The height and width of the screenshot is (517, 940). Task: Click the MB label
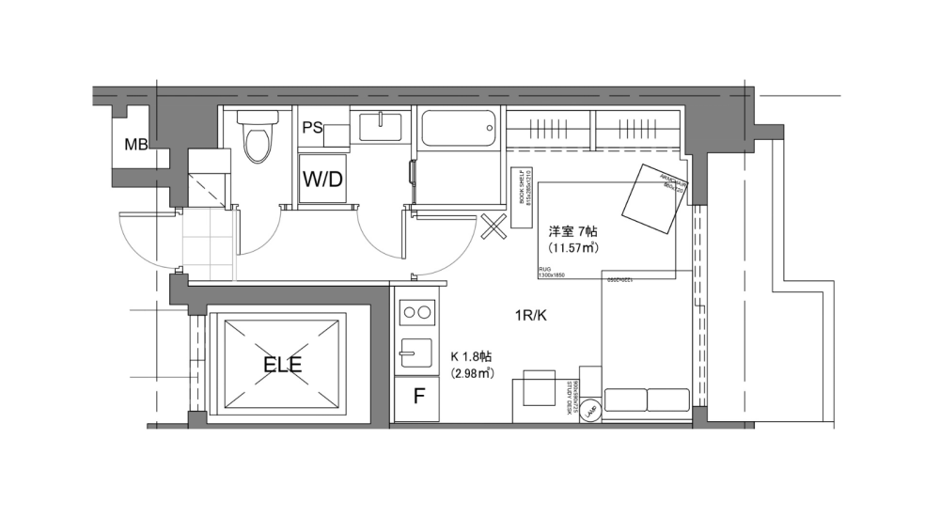(135, 144)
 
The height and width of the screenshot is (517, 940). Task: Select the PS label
(313, 129)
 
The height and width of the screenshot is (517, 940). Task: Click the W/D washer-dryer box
(321, 179)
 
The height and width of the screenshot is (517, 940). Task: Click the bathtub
(458, 129)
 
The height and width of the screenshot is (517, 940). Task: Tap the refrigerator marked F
(419, 397)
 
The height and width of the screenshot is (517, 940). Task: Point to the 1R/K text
(529, 316)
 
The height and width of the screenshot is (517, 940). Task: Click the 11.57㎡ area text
(573, 247)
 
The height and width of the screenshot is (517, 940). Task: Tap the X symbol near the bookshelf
(493, 227)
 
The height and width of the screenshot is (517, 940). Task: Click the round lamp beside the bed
(589, 411)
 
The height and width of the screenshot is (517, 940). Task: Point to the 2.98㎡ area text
(473, 373)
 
